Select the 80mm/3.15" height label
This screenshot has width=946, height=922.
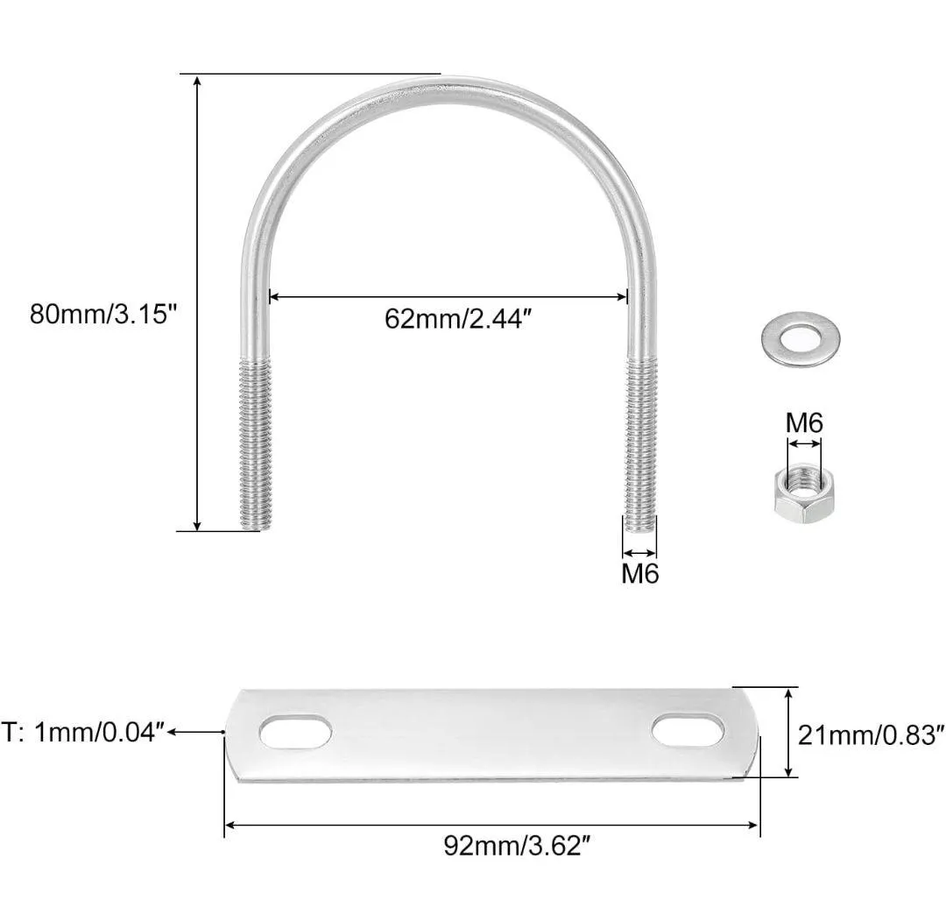click(103, 315)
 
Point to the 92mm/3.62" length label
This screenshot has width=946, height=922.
click(516, 846)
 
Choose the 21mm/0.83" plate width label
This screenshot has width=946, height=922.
click(871, 735)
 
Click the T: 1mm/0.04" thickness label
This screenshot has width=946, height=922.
click(83, 733)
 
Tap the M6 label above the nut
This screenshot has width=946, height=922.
click(804, 423)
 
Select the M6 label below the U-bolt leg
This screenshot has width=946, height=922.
click(640, 573)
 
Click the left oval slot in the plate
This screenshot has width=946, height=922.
click(295, 732)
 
